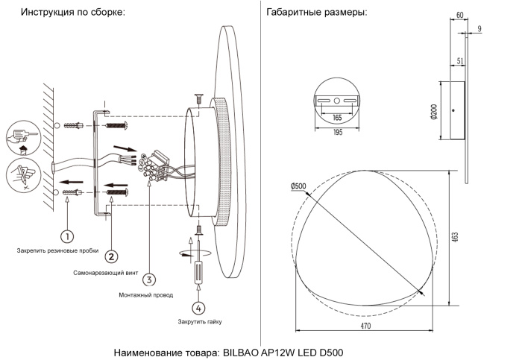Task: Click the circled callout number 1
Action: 67,237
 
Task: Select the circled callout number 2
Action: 111,256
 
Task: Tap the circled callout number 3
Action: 150,280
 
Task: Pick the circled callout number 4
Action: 198,307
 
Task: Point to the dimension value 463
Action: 454,237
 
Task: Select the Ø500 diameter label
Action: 298,186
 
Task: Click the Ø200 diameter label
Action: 433,111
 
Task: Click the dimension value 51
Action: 459,63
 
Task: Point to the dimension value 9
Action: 479,29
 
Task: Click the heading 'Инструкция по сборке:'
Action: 72,13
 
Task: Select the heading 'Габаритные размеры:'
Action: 316,13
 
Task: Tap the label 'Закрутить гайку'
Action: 200,321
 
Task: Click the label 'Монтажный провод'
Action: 146,294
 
